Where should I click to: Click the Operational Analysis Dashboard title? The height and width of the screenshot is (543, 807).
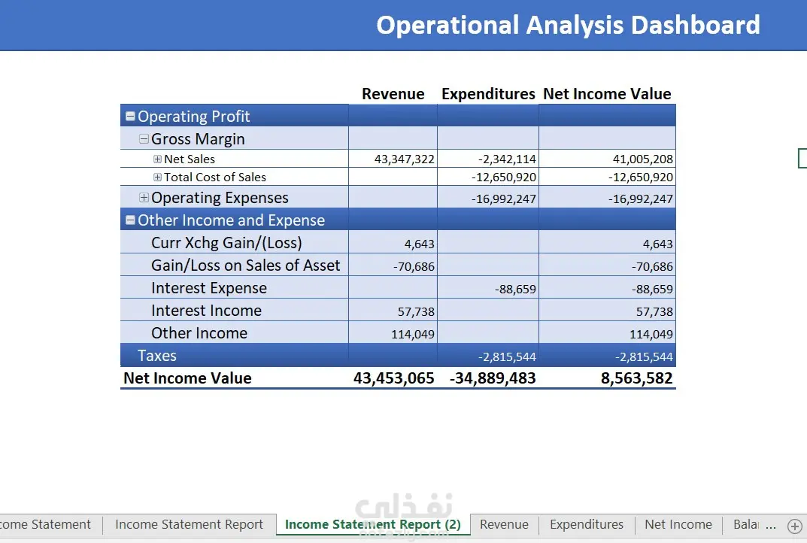pyautogui.click(x=568, y=26)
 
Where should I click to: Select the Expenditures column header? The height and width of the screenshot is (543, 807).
pyautogui.click(x=488, y=94)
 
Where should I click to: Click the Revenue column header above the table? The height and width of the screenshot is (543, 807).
pyautogui.click(x=393, y=94)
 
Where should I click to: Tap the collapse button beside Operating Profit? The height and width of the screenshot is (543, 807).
pyautogui.click(x=130, y=117)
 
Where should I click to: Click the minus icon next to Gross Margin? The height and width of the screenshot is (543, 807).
pyautogui.click(x=144, y=139)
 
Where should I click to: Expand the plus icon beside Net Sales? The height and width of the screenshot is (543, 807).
pyautogui.click(x=157, y=159)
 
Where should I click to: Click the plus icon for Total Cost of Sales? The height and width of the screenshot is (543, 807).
pyautogui.click(x=157, y=177)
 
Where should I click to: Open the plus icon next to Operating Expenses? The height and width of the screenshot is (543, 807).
pyautogui.click(x=144, y=198)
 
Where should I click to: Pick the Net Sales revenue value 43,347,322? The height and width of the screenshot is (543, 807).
pyautogui.click(x=405, y=159)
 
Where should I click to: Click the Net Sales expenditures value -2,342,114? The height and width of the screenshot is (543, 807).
pyautogui.click(x=507, y=159)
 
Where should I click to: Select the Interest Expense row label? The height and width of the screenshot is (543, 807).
pyautogui.click(x=209, y=288)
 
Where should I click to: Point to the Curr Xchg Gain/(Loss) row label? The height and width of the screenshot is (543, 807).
pyautogui.click(x=226, y=243)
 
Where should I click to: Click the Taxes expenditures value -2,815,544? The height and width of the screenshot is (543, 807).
pyautogui.click(x=507, y=356)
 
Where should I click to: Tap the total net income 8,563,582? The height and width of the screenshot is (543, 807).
pyautogui.click(x=636, y=378)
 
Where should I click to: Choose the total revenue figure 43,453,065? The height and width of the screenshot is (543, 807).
pyautogui.click(x=393, y=378)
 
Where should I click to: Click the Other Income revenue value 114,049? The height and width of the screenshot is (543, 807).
pyautogui.click(x=413, y=335)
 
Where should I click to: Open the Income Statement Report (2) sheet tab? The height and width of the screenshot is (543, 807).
pyautogui.click(x=373, y=524)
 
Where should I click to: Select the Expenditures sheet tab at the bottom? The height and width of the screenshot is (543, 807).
pyautogui.click(x=587, y=524)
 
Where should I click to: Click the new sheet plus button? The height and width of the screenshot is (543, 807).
pyautogui.click(x=795, y=526)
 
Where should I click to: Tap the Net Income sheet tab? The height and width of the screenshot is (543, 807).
pyautogui.click(x=678, y=524)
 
